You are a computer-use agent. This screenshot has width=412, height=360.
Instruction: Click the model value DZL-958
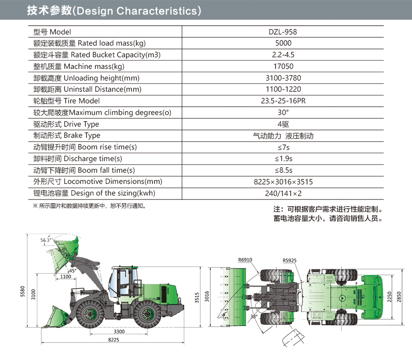click(283, 32)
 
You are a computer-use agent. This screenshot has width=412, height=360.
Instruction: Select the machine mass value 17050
click(283, 66)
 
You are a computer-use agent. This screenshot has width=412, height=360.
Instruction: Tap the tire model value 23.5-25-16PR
click(283, 101)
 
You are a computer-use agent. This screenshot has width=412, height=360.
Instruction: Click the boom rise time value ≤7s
click(284, 147)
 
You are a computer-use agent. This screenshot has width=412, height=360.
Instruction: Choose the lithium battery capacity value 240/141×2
click(283, 193)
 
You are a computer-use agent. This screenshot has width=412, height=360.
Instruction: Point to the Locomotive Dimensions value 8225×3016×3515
click(283, 182)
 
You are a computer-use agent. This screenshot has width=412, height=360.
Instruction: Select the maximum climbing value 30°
click(283, 112)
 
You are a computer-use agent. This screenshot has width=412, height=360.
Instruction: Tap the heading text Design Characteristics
click(137, 11)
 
